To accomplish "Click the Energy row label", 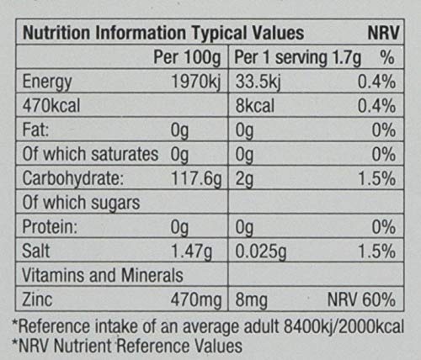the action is [47, 82].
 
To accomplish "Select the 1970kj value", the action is [196, 82].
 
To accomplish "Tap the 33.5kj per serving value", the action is [258, 82].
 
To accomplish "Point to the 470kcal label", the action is [51, 106].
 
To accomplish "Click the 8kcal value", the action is [255, 106].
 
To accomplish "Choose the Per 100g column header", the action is [187, 58].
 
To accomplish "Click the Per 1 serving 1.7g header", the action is [297, 58].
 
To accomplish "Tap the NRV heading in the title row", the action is [383, 33].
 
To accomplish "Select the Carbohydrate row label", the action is [73, 178].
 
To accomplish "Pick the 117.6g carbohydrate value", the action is [196, 179].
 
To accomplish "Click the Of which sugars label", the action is [81, 203].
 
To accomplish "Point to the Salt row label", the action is [36, 251].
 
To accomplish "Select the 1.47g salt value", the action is [192, 251].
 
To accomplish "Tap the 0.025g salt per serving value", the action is [261, 251].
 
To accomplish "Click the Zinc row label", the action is [37, 299].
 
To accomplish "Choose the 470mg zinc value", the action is [196, 299].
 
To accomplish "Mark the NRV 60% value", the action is [361, 299].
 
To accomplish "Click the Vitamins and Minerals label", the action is [103, 275].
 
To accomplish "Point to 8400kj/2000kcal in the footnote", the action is [344, 326].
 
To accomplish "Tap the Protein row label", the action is [50, 226].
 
